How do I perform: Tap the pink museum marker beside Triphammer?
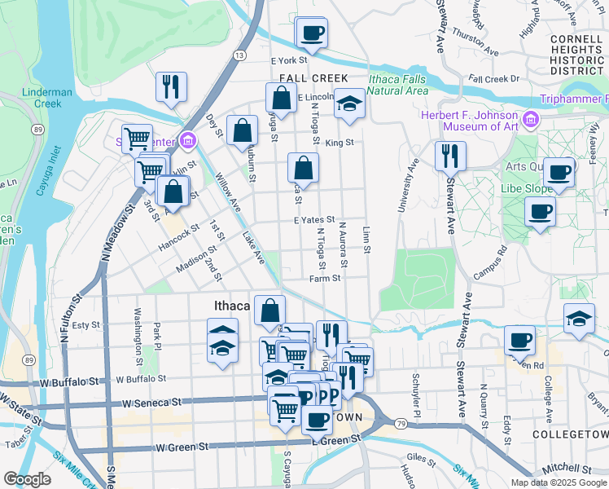coord(532,121)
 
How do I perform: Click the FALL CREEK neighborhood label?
coord(308,78)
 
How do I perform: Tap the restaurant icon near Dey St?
coord(171,86)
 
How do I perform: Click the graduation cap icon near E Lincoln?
coord(349,104)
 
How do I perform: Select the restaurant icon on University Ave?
coord(450,155)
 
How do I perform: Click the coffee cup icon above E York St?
coord(313,33)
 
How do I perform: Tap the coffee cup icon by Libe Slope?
coord(540,213)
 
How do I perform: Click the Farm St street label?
coord(324,278)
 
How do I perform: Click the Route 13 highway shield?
coord(239,55)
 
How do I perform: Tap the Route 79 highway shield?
coord(401,424)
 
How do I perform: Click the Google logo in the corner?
coord(27,479)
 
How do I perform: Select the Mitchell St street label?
coord(570,469)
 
